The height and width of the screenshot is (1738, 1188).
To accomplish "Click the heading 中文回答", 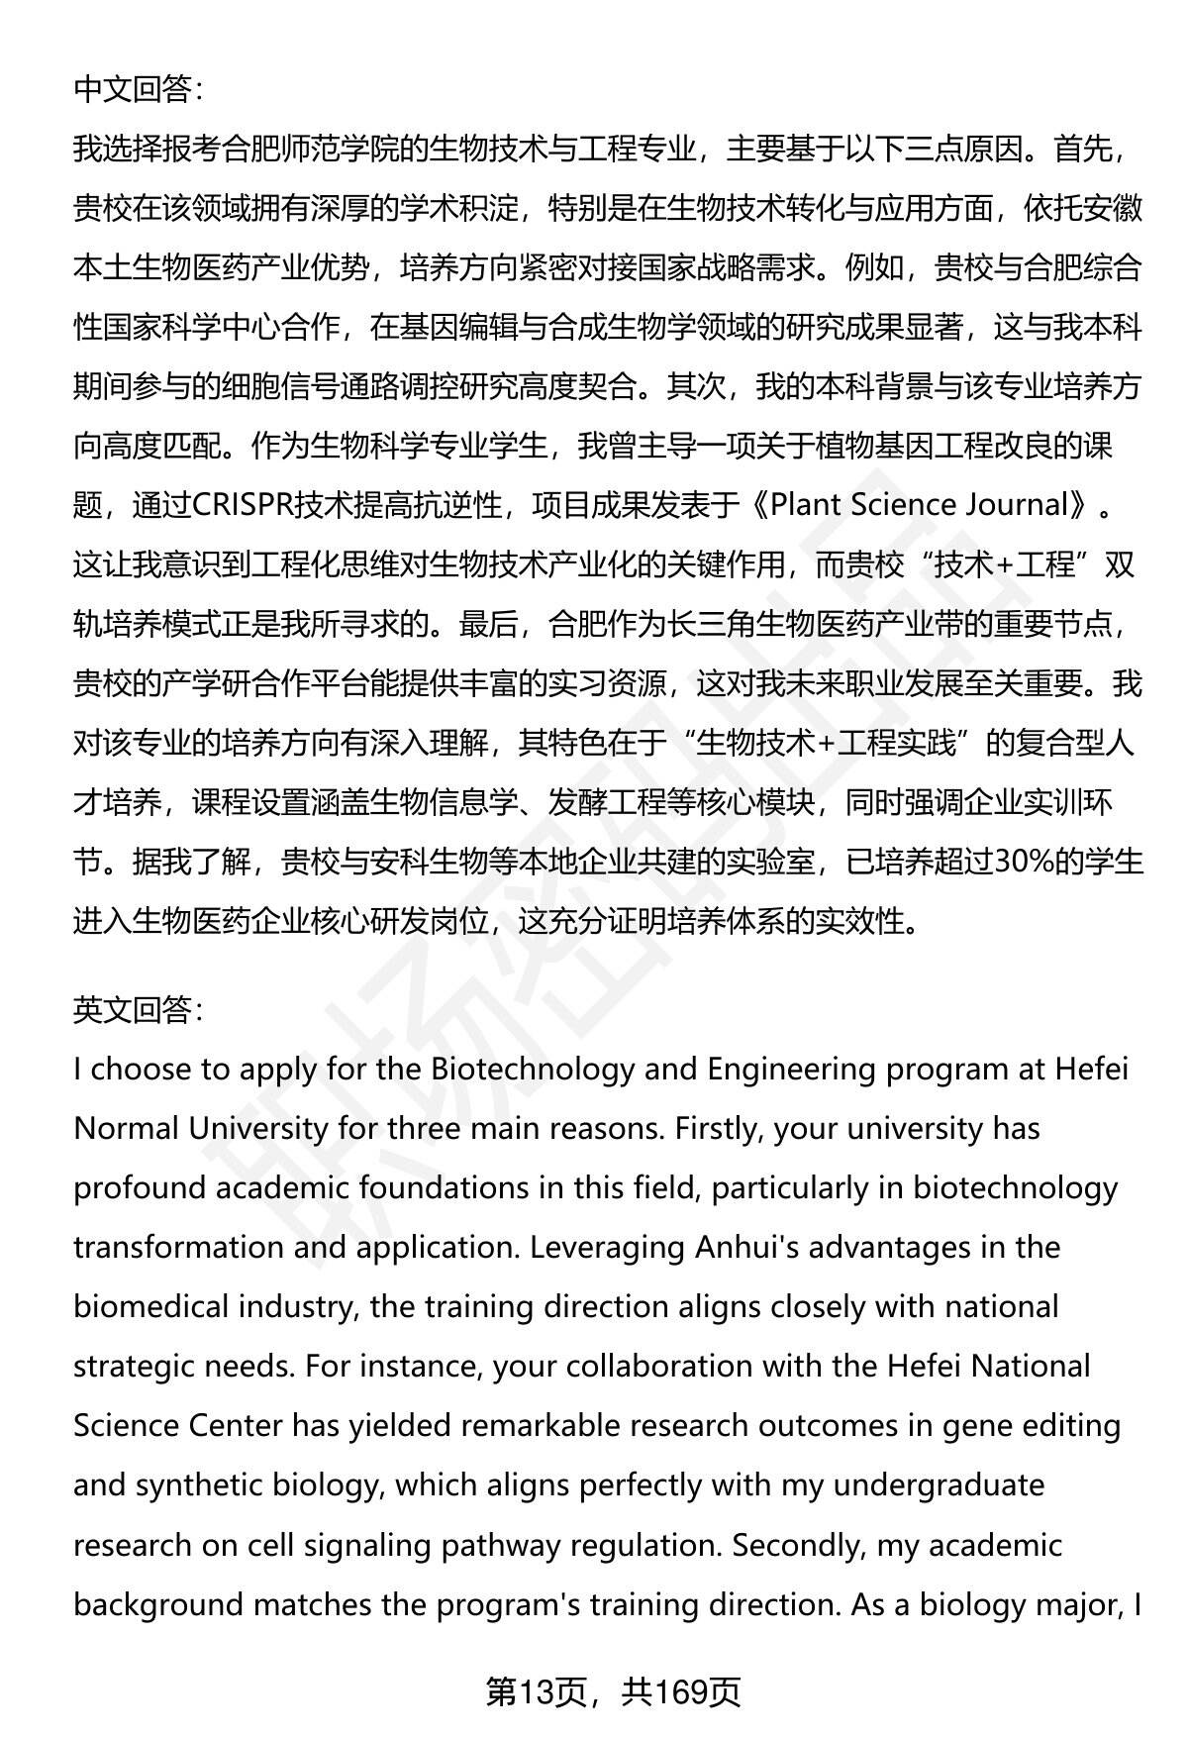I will (138, 90).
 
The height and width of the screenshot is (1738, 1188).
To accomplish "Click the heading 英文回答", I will (138, 1010).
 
